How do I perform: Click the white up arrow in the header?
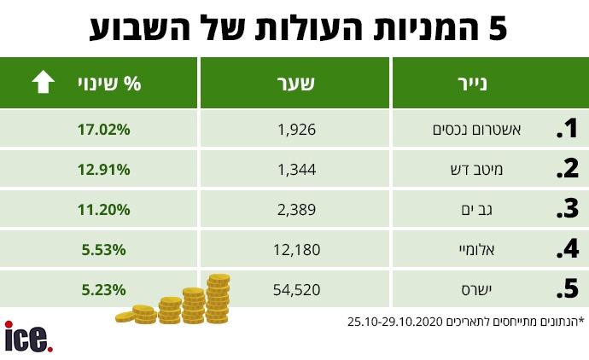(43, 84)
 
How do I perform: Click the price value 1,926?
(297, 130)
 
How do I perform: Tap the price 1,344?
(297, 170)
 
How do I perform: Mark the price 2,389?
(297, 210)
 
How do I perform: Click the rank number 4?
(567, 251)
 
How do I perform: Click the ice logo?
(27, 336)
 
